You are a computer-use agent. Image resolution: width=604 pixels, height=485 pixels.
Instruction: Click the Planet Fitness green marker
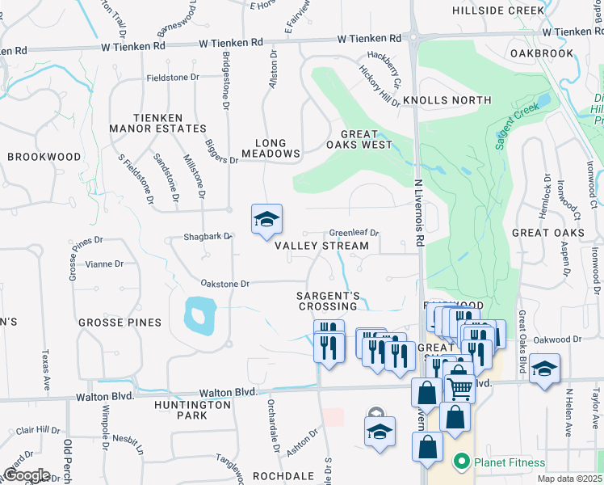[x=461, y=463]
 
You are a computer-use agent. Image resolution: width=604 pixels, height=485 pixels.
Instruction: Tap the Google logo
[x=26, y=475]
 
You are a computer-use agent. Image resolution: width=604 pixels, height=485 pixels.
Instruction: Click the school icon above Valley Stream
[x=266, y=220]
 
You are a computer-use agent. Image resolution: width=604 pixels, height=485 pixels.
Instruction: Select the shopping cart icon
[x=459, y=387]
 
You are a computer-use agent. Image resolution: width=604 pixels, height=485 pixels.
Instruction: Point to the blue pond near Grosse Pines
[x=199, y=314]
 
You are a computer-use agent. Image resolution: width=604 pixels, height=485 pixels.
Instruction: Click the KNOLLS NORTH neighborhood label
[x=447, y=100]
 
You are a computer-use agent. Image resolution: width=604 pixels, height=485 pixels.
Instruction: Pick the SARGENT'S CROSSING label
[x=328, y=301]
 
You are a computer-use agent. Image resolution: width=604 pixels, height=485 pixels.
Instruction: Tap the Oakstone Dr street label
[x=225, y=284]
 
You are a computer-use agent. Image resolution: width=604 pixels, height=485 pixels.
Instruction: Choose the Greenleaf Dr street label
[x=353, y=233]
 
